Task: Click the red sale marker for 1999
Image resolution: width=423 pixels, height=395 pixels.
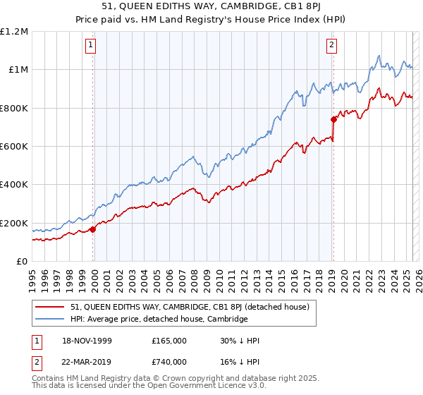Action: (93, 229)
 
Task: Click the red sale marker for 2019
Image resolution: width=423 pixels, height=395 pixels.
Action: (333, 119)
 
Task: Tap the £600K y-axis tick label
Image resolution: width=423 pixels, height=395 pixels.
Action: (14, 147)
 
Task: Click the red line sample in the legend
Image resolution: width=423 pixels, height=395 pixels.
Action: (51, 307)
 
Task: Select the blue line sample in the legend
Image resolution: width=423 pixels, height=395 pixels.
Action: (51, 319)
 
